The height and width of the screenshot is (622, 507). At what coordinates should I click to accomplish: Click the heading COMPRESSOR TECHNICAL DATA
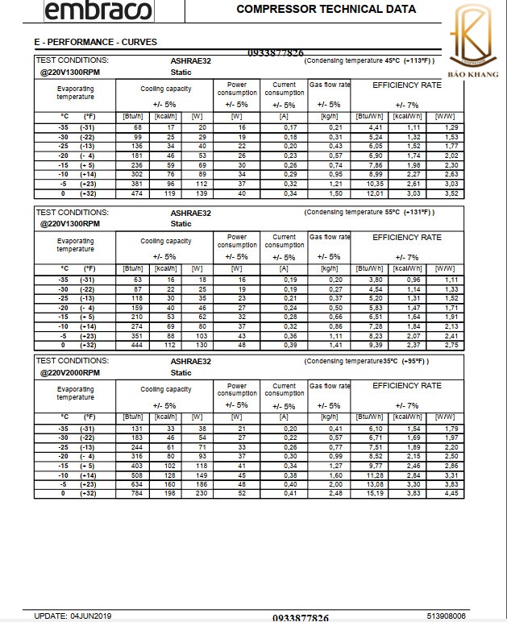point(326,10)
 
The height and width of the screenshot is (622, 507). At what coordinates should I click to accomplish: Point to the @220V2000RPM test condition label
point(70,373)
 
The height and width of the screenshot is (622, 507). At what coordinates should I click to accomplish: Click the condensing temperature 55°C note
point(369,212)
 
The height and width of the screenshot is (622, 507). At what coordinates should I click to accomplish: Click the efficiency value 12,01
point(353,193)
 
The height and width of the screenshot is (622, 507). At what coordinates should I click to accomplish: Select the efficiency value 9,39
point(353,344)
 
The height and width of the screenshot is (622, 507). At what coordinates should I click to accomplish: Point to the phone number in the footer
point(301,617)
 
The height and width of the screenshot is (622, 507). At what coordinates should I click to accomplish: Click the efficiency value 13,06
point(353,485)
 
